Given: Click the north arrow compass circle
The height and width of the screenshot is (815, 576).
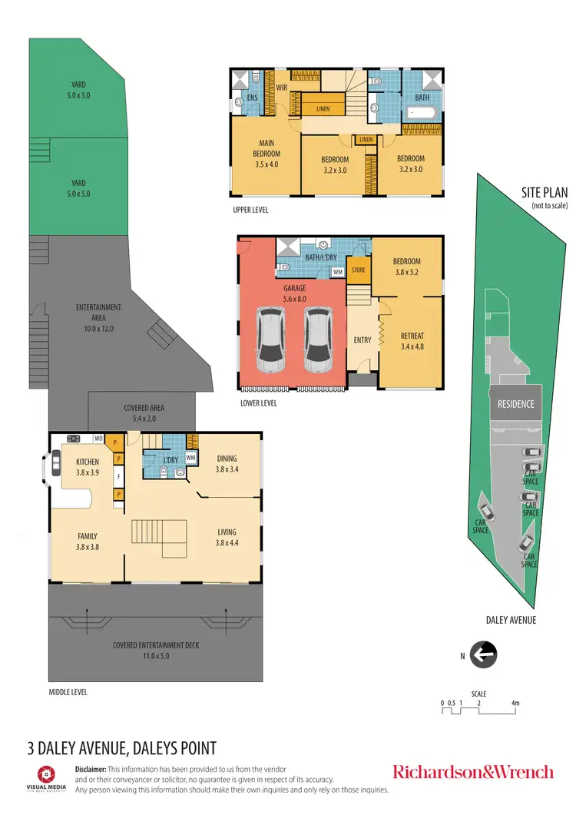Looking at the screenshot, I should tap(484, 655).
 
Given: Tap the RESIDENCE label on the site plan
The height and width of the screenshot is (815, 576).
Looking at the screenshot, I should tap(515, 404).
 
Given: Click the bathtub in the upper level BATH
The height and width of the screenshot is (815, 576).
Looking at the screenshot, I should tap(422, 113).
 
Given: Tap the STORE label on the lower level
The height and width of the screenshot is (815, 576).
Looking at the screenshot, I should tap(358, 270).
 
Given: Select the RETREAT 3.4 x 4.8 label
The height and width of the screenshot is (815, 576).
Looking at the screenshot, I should tap(412, 340).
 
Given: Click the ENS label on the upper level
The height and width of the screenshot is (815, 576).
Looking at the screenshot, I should tap(251, 98).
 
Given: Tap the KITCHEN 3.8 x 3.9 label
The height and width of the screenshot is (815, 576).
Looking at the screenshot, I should tap(88, 466).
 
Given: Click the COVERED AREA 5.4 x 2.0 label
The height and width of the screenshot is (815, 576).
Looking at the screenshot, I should tap(144, 412).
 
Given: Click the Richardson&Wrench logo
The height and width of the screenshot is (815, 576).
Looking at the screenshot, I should tap(472, 771).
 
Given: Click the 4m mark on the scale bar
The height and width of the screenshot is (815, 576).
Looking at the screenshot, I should tap(515, 703).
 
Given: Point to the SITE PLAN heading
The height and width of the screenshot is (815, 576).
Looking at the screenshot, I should tap(543, 193).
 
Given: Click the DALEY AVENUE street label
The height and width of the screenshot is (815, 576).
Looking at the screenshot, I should tap(511, 619).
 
